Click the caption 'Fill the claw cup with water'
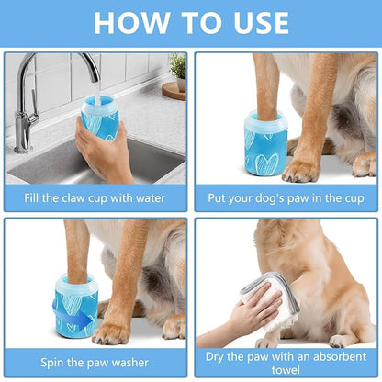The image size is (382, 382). (x=95, y=197)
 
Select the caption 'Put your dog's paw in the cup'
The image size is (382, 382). (x=286, y=197)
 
